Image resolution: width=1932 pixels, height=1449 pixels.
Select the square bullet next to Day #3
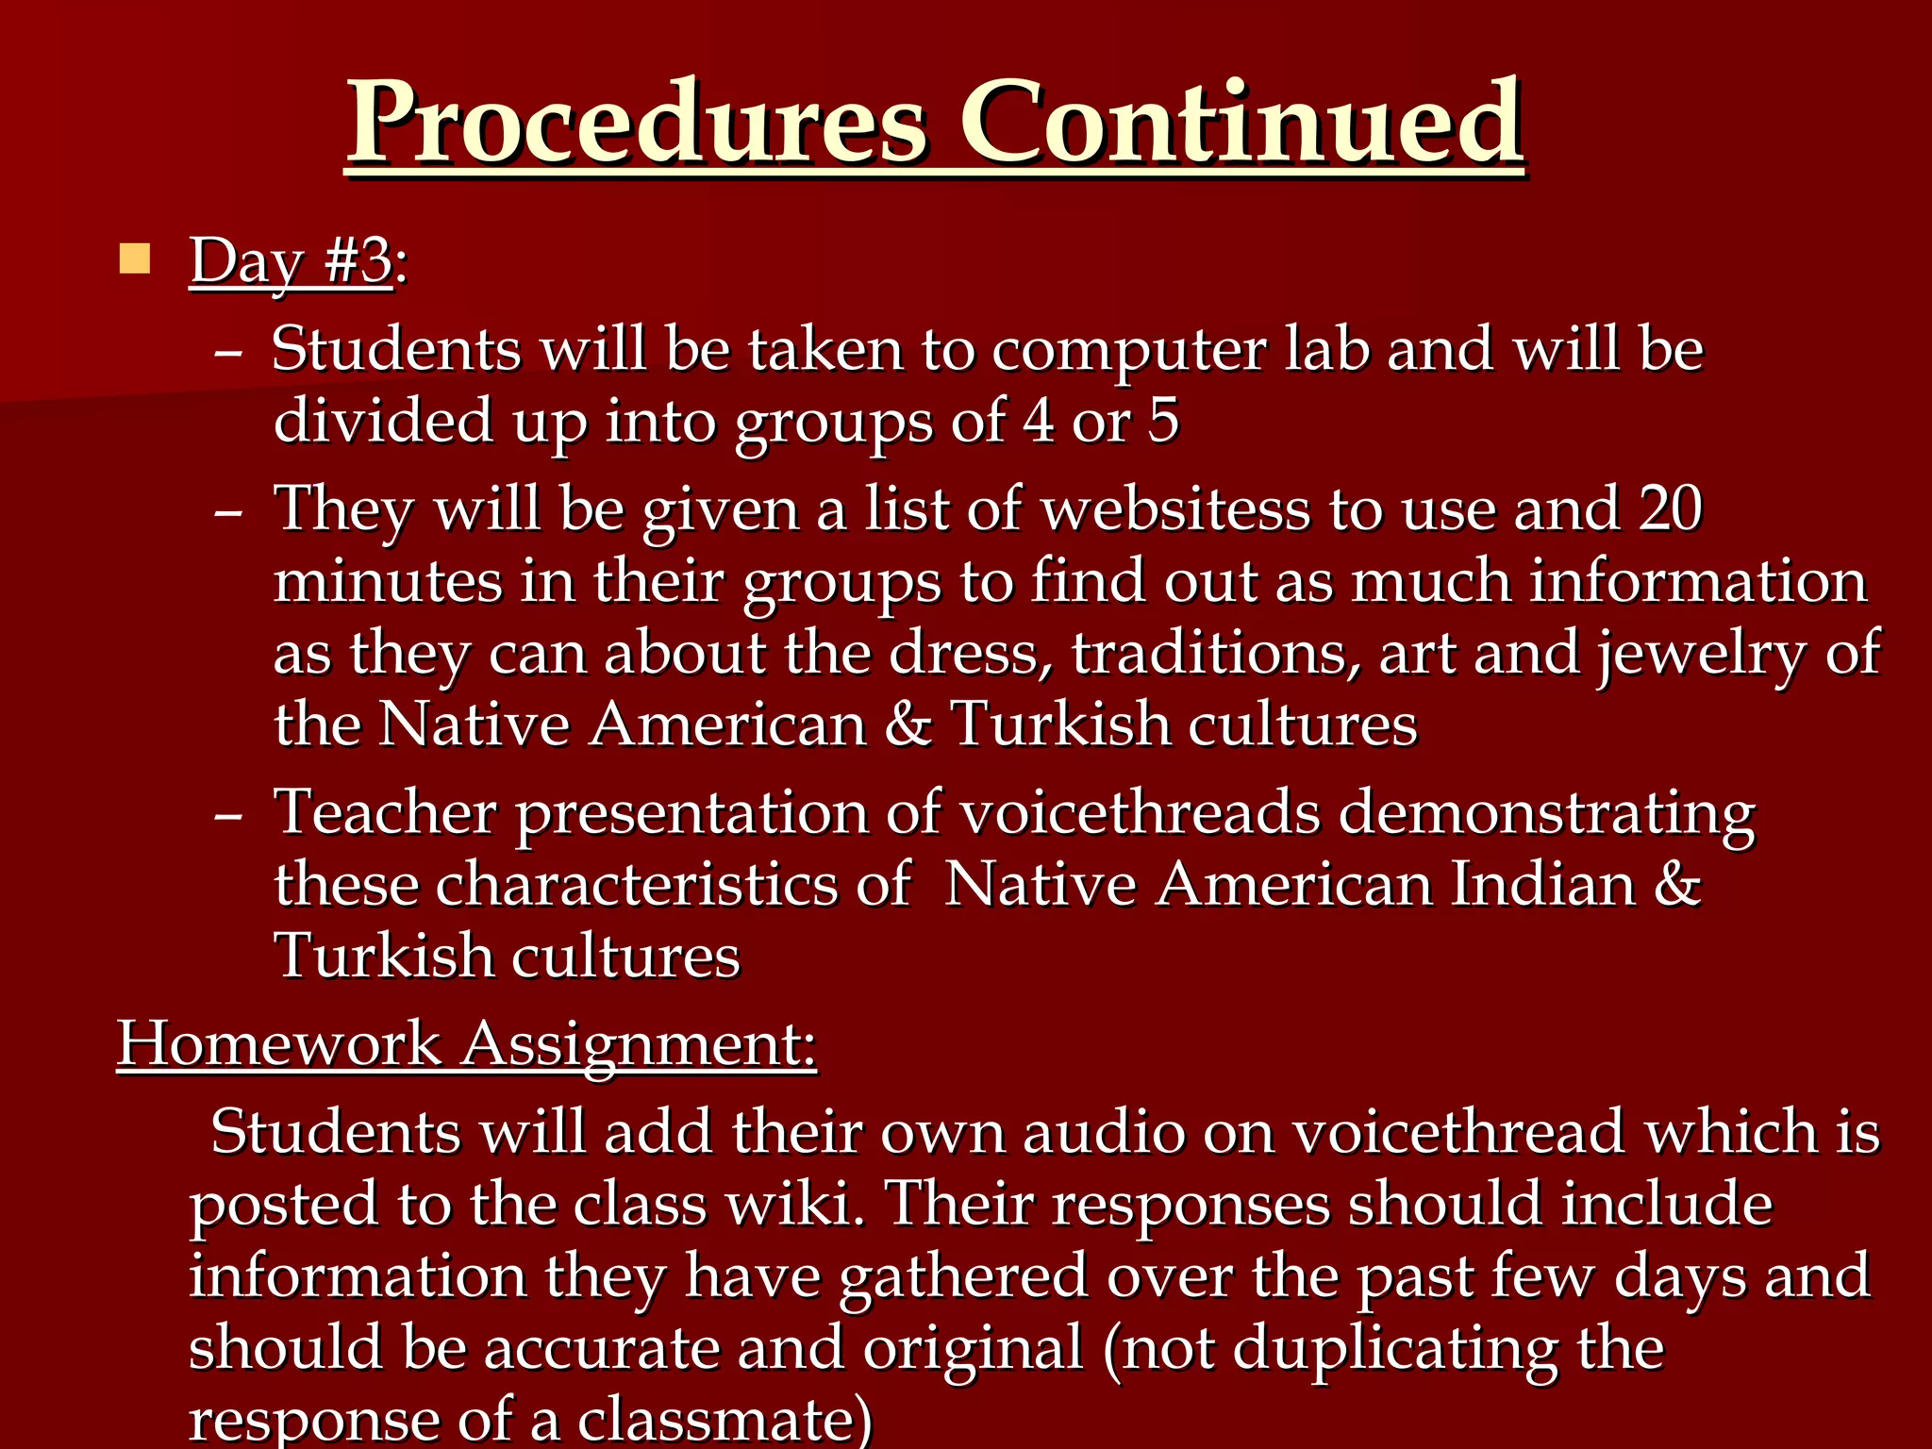(135, 258)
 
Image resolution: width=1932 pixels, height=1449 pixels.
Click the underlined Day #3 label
(291, 260)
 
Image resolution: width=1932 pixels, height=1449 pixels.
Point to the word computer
(1129, 350)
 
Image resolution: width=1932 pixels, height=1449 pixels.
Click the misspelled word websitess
(1175, 509)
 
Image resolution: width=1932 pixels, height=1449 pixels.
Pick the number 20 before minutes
(1671, 509)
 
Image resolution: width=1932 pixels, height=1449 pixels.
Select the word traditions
(1215, 653)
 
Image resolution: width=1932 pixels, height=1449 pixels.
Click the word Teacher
(385, 812)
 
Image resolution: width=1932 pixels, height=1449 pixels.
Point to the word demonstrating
(1547, 814)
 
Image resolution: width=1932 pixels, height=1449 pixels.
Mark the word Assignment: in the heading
(640, 1045)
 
